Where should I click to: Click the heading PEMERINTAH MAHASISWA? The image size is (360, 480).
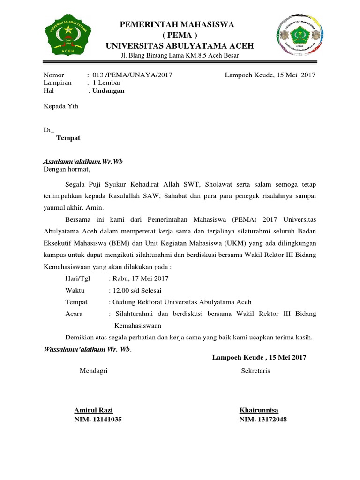point(177,24)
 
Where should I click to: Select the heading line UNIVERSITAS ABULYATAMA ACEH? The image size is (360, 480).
point(180,45)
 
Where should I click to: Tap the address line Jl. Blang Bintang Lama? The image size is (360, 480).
point(180,56)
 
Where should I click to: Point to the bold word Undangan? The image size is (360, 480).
point(108,90)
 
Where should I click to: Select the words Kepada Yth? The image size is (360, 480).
point(61,106)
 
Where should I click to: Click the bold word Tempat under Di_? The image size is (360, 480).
point(68,138)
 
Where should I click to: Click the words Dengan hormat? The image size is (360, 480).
point(66,169)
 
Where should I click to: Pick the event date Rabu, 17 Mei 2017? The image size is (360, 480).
point(140,278)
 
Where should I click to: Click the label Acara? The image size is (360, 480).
point(74,314)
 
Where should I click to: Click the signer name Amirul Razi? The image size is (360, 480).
point(93,410)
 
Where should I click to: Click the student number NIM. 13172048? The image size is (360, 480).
point(263,420)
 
